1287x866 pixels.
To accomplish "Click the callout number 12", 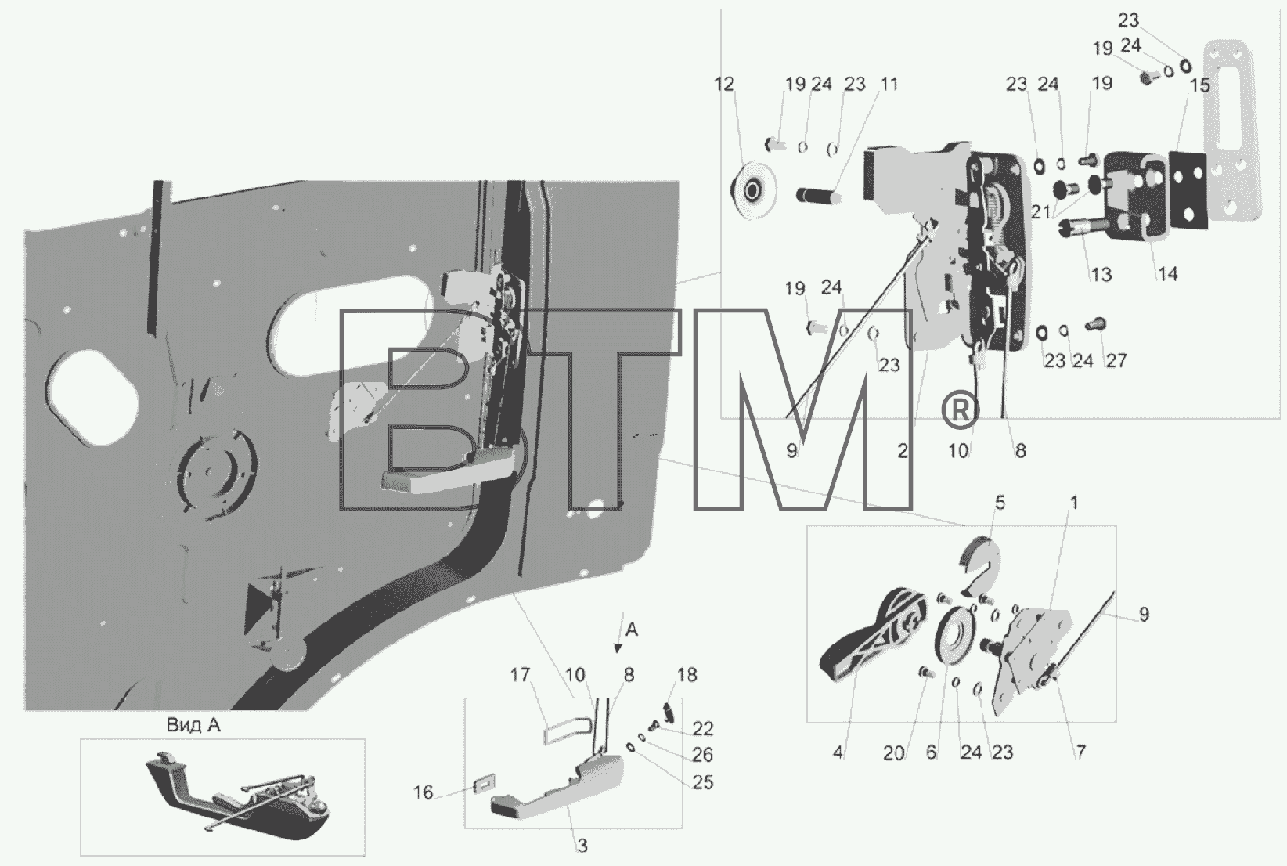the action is tap(724, 85).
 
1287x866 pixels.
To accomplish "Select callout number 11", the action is tap(889, 84).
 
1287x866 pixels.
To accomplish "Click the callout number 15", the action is tap(1199, 85).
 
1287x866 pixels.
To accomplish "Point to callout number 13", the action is tap(1101, 275).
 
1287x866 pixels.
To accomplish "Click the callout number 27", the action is tap(1116, 361).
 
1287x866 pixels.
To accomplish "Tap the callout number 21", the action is tap(1040, 212).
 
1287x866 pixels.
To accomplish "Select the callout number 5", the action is tap(1000, 503).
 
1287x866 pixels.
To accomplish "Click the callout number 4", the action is tap(838, 752).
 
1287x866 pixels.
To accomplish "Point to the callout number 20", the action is tap(893, 753).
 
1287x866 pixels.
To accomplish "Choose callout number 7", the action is tap(1080, 752).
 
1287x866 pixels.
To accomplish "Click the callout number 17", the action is tap(520, 675).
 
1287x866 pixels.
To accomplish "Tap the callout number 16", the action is tap(423, 793).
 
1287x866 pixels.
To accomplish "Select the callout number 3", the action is tap(582, 846).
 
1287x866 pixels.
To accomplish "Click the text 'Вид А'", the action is tap(193, 725).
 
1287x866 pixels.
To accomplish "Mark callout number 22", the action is tap(703, 728).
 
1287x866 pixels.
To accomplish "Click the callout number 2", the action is tap(902, 452).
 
